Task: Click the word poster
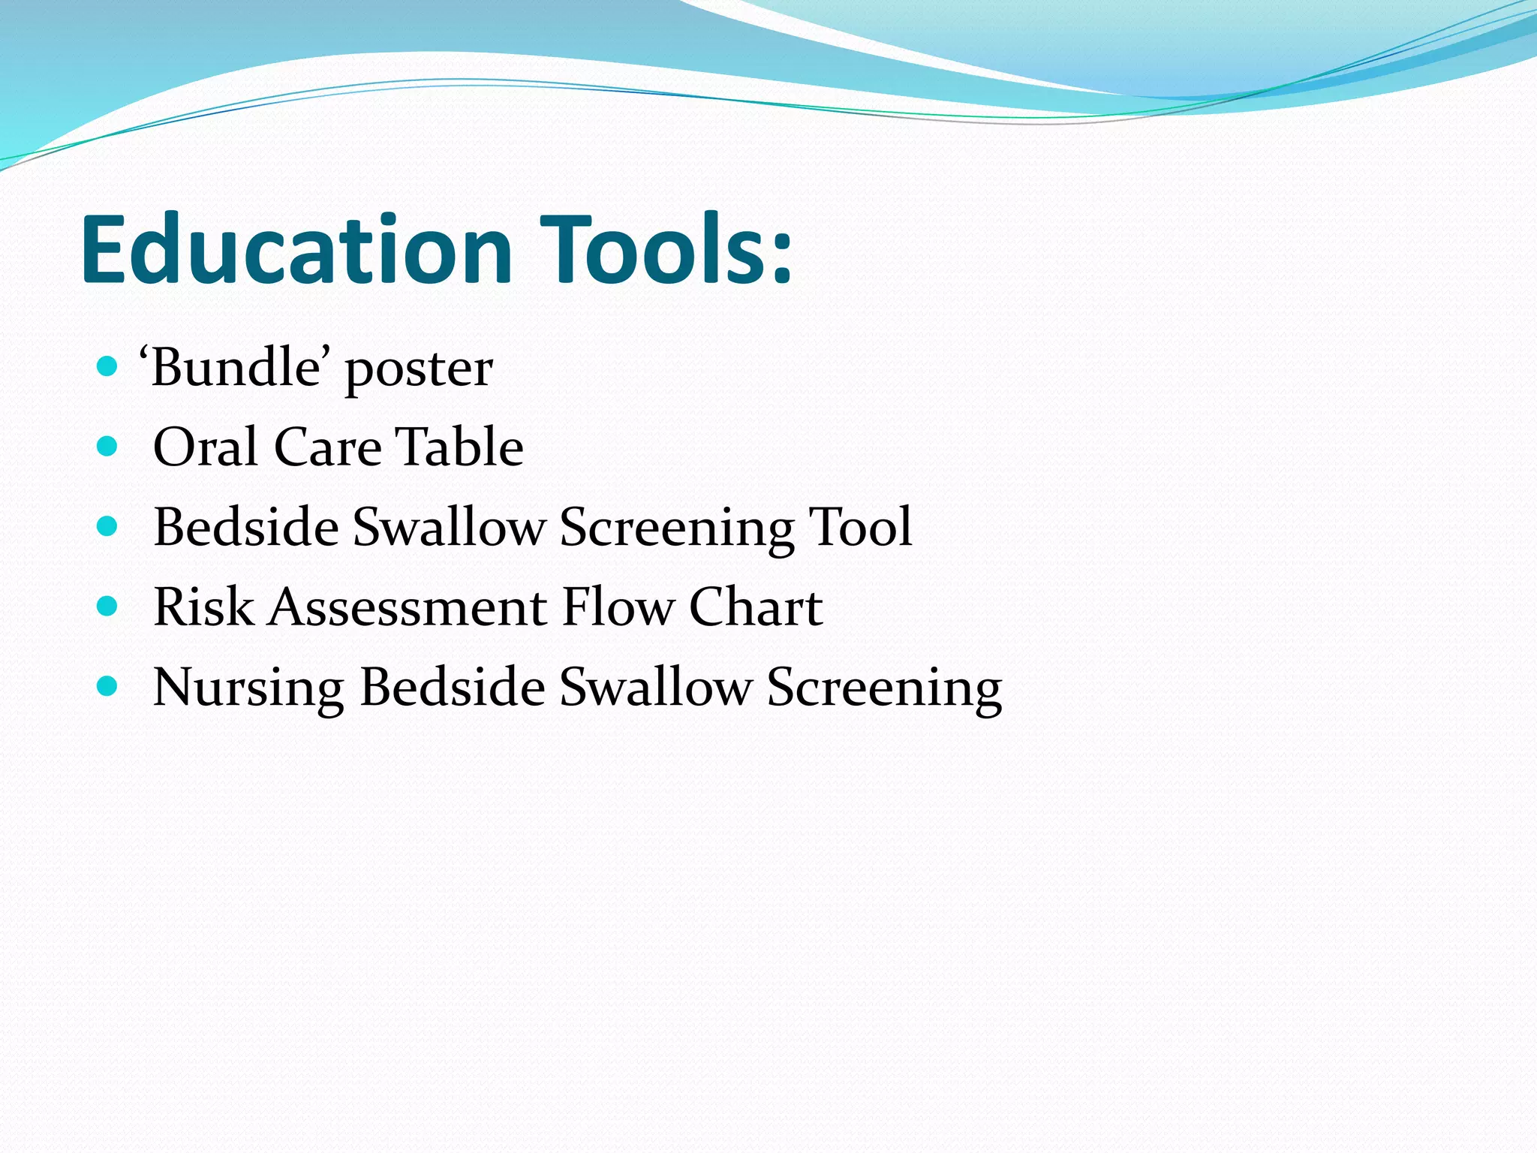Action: point(419,372)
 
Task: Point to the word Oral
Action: point(206,447)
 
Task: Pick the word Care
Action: point(328,447)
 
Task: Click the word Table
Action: point(460,447)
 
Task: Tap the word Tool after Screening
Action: point(860,526)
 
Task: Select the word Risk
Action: point(203,607)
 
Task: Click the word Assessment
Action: point(408,607)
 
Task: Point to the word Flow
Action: point(618,607)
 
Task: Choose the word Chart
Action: point(756,607)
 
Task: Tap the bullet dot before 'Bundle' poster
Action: point(108,367)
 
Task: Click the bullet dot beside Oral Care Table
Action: point(108,447)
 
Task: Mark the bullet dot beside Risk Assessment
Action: point(108,606)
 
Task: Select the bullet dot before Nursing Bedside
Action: point(108,685)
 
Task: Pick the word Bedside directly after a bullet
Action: point(246,526)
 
